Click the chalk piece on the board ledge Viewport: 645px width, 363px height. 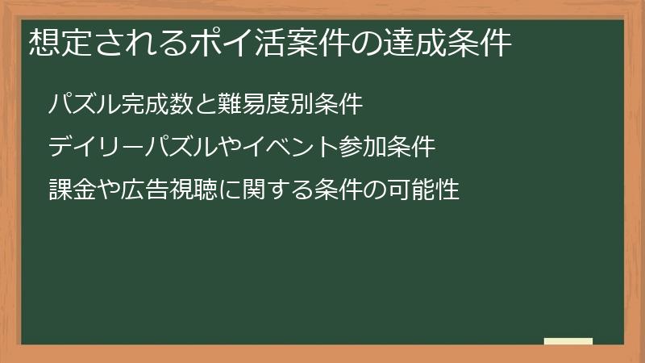pos(568,341)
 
